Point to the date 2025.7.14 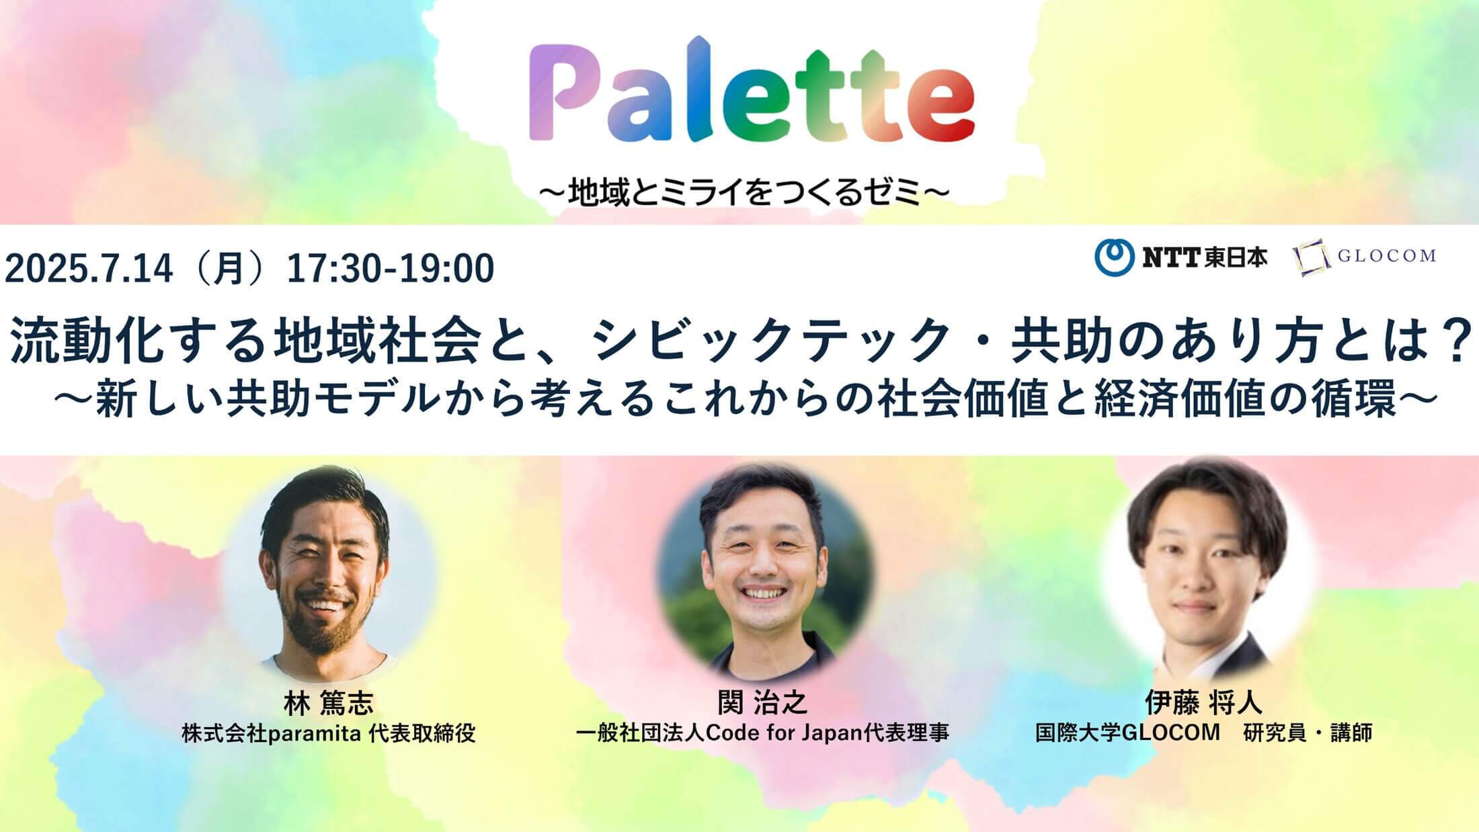89,269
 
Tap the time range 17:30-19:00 391,269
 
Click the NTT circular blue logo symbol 1114,257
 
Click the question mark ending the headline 1453,342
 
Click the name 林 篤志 328,703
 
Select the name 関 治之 762,703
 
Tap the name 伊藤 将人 1203,703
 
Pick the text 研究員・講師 1308,733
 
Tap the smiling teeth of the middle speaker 765,594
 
